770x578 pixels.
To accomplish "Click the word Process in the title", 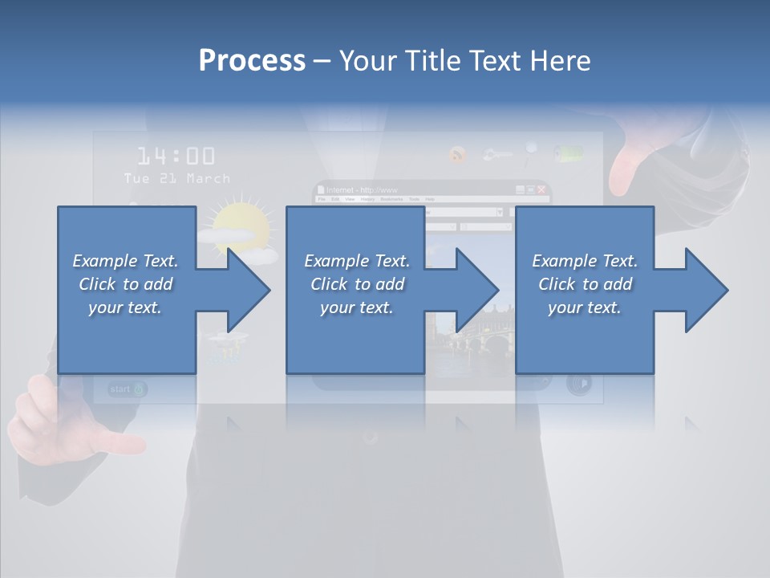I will [252, 61].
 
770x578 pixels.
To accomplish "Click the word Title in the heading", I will [433, 61].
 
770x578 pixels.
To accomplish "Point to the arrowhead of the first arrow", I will [249, 290].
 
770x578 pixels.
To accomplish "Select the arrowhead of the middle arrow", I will [478, 290].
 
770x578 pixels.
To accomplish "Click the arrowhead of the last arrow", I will [707, 290].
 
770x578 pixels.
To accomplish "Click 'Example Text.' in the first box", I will [125, 261].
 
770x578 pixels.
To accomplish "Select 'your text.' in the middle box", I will [356, 307].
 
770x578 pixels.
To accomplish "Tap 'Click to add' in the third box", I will [585, 284].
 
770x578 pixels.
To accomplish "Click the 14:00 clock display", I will [176, 156].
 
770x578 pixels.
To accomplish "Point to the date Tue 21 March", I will [176, 178].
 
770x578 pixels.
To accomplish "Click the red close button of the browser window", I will [542, 190].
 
